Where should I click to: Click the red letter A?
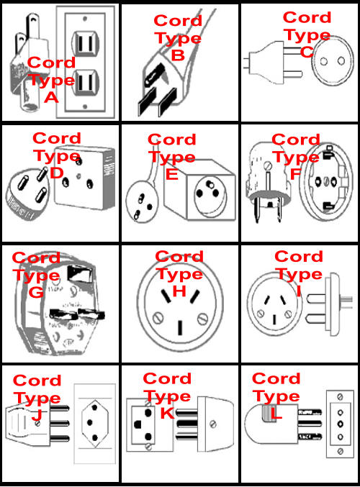51,98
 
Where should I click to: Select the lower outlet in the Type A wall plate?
85,83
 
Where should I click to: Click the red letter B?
178,55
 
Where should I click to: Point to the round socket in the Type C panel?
333,61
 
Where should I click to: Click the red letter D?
57,173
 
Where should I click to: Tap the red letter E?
172,174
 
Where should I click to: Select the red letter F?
295,174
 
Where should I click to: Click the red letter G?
37,293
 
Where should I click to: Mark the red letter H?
179,291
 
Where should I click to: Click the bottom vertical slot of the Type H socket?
180,328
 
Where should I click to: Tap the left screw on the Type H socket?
158,318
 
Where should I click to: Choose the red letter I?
299,291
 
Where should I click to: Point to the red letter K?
167,413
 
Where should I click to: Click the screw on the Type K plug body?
213,424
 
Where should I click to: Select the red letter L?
276,413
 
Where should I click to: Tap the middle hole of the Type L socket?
341,424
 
